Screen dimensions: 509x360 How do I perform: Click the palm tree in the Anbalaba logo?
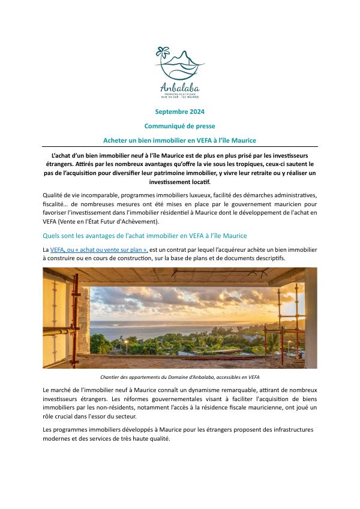[x=161, y=55]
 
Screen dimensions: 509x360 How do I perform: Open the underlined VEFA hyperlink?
[x=57, y=249]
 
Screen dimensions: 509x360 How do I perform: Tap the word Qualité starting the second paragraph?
[x=53, y=196]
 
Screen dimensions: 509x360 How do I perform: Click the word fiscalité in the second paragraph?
[x=55, y=204]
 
